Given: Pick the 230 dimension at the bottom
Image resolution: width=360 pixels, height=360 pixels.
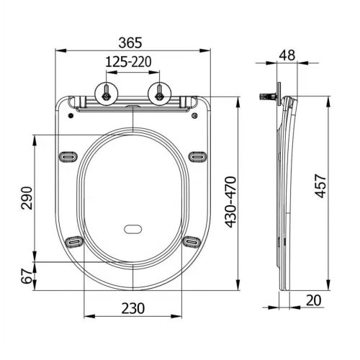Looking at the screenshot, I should [x=134, y=307].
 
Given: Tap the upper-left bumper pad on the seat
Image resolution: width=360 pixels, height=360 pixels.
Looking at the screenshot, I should [x=71, y=155].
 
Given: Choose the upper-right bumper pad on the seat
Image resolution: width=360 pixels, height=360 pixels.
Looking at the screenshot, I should [x=197, y=155].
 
